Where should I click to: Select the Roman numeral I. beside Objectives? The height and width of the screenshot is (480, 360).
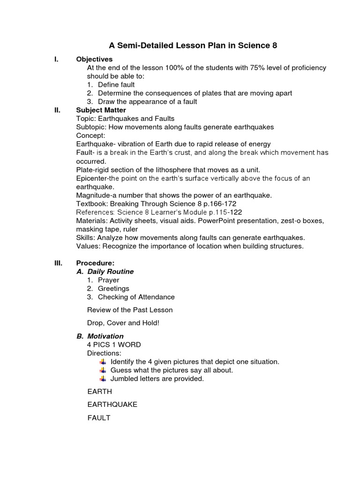56,60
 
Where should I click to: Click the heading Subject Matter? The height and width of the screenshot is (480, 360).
101,110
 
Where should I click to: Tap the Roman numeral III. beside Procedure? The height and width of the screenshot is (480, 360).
58,263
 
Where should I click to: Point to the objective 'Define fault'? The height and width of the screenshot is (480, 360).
116,85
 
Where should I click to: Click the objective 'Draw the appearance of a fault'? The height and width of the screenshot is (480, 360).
147,102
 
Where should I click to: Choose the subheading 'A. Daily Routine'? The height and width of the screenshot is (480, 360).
105,271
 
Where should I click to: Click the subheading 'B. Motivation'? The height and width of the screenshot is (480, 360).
100,336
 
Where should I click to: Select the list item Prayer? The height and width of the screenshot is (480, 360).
108,280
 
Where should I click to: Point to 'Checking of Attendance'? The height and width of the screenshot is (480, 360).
136,297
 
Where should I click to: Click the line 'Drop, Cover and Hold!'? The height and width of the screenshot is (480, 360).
123,323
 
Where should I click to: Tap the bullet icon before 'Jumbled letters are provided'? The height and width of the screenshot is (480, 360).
103,378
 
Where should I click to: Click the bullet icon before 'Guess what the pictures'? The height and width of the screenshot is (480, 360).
103,370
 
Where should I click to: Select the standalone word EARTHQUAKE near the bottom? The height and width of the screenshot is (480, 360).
112,404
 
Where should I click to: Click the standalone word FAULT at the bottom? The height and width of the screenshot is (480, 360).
98,417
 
